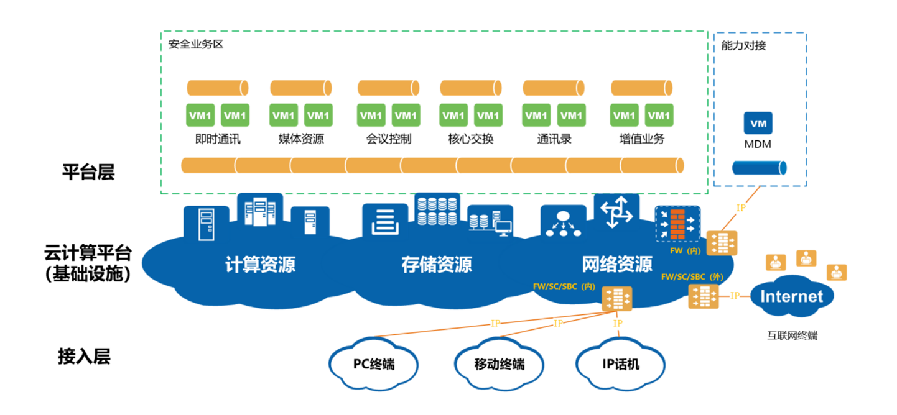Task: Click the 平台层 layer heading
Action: point(88,172)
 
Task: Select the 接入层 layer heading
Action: point(85,357)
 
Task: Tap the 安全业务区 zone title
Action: point(196,45)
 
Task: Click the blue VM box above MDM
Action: point(758,124)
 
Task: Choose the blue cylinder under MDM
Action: point(759,168)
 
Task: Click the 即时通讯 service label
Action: point(218,139)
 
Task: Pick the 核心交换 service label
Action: point(471,139)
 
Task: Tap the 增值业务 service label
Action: point(642,139)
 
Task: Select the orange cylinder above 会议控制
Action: point(389,88)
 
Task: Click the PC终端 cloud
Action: point(374,363)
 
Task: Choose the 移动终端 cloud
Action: point(499,363)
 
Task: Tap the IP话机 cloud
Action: point(620,363)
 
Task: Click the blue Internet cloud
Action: point(791,296)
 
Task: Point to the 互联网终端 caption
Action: point(792,335)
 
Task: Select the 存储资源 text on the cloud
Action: point(437,265)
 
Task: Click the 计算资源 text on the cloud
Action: point(260,265)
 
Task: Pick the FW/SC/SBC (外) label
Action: point(692,276)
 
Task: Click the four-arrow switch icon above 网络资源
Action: point(616,212)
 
